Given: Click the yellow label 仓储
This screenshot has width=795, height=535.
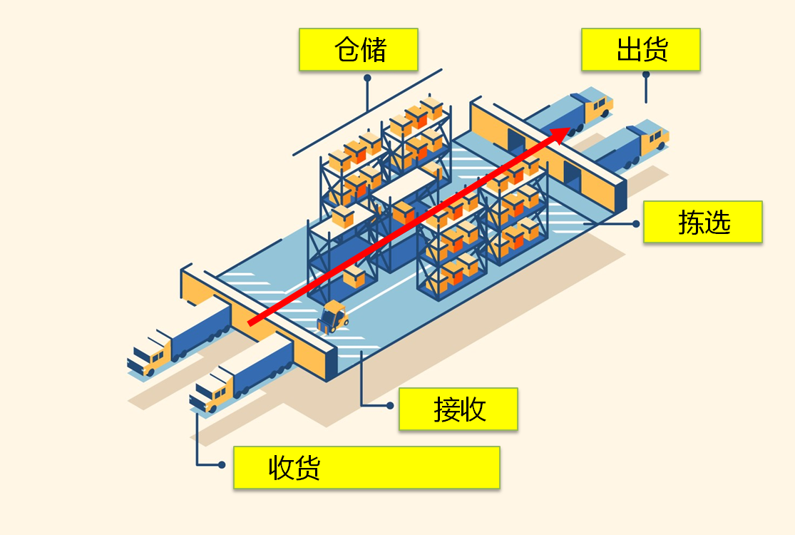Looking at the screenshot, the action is point(359,49).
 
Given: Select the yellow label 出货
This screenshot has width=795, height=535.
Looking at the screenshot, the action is point(641,49).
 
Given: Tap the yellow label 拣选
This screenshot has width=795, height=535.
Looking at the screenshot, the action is point(703,222).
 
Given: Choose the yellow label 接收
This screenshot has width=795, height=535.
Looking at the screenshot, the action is point(458,409).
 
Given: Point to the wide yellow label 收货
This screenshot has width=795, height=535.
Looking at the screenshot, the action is point(366,467).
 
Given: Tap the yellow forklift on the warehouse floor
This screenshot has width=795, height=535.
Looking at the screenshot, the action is point(332,317).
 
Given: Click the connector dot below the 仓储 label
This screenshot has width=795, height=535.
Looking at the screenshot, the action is point(368,78).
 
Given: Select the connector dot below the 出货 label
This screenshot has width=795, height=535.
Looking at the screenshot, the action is point(646,75).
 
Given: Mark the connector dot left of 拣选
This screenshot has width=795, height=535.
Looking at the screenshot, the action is point(636,224).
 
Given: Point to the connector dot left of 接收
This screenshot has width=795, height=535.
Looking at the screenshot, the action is point(390,406).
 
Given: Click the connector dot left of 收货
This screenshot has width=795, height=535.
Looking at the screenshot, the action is point(222,464).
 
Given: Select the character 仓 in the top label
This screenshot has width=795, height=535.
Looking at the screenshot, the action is point(347,50).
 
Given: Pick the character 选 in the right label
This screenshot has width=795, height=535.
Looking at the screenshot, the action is point(717,222).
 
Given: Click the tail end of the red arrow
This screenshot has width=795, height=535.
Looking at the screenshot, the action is point(250,322).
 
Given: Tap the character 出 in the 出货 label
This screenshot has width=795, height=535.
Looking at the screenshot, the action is point(629,50).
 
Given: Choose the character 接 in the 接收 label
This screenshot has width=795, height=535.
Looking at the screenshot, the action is point(446,409).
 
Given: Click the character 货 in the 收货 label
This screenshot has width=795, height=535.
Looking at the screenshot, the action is point(307,467).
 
